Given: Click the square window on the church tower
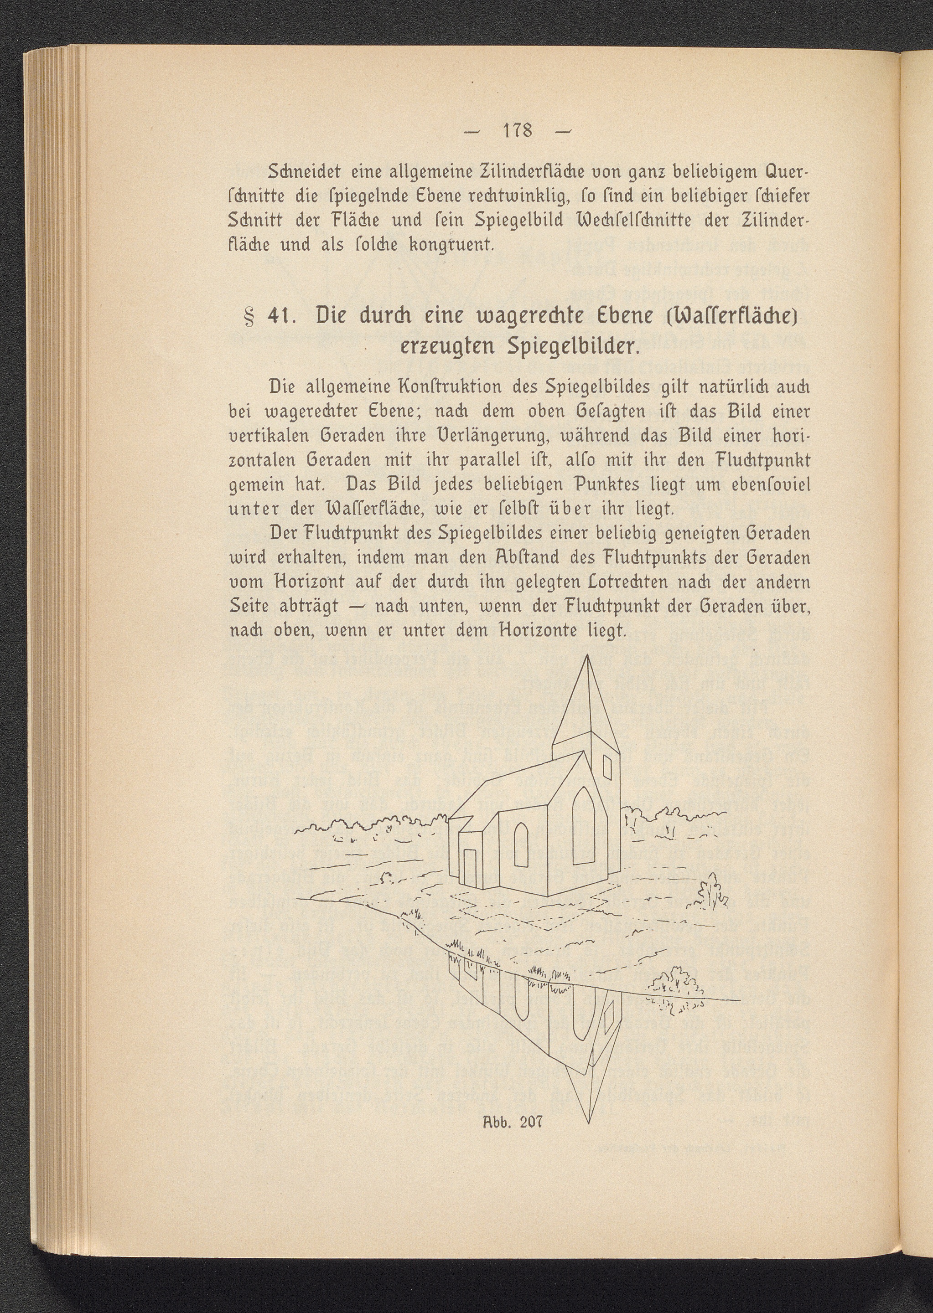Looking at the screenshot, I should click(x=608, y=765).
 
